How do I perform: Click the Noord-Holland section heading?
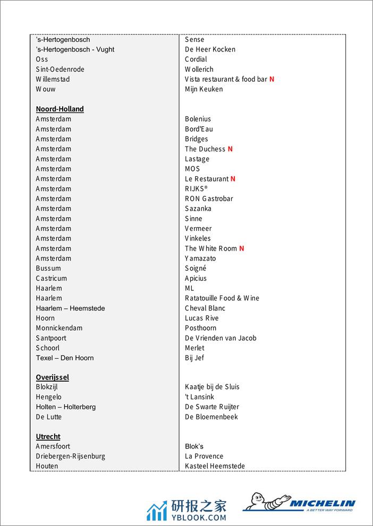60,109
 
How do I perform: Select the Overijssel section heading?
52,377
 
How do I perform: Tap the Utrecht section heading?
48,436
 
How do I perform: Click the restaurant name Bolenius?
198,119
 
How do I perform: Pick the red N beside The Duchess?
230,149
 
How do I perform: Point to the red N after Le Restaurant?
233,179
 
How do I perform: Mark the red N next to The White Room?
242,248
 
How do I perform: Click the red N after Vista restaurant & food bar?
272,79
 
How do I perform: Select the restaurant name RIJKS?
196,188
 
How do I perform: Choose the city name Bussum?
48,268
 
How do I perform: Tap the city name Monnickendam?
59,328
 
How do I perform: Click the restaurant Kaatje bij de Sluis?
212,387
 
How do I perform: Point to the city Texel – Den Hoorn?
65,358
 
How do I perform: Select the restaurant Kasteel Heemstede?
215,466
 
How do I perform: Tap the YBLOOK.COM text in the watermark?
199,518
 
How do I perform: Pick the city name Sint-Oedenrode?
60,69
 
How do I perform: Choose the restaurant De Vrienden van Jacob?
221,338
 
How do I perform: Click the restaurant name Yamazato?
200,258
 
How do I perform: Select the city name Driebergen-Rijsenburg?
71,456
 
